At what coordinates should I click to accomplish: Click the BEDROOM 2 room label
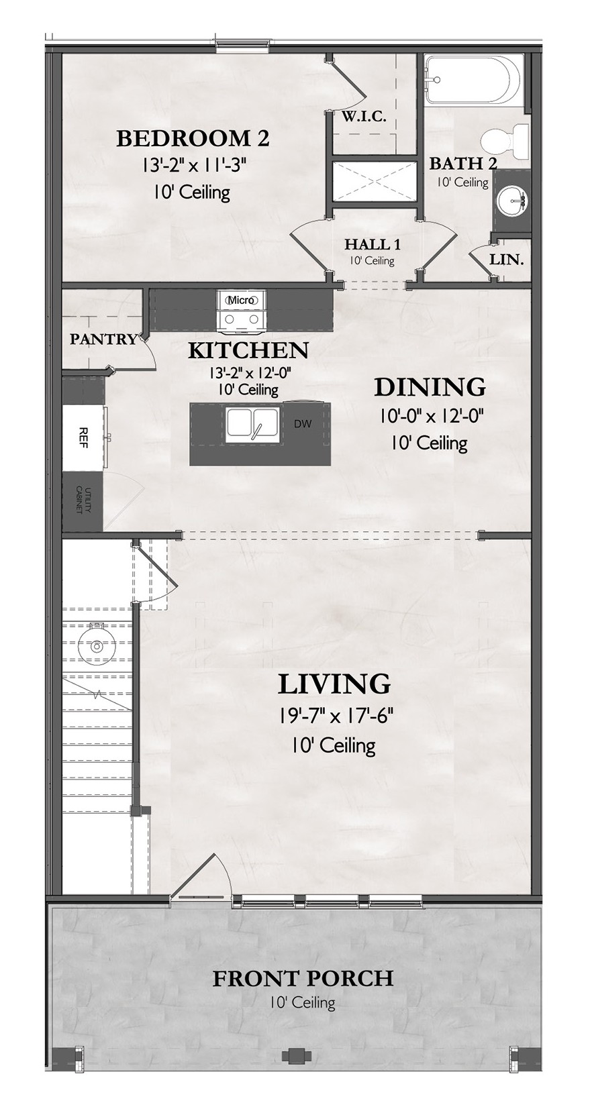[193, 138]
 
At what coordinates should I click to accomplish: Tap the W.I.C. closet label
[364, 117]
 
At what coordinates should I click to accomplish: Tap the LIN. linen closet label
[506, 260]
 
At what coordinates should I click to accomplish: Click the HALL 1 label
[373, 244]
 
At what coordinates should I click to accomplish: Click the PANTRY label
[103, 339]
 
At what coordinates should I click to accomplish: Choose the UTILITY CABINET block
[83, 501]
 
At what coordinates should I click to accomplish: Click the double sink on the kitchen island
[252, 425]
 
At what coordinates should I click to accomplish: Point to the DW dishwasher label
[303, 425]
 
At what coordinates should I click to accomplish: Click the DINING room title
[430, 387]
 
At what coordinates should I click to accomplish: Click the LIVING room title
[334, 684]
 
